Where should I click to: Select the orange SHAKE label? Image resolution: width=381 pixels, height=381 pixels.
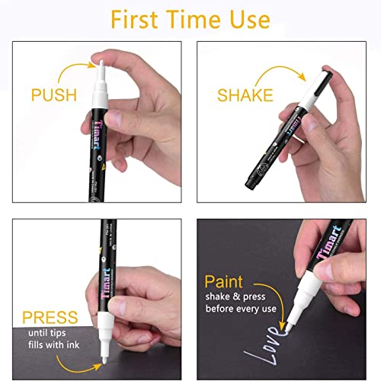coord(244,95)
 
